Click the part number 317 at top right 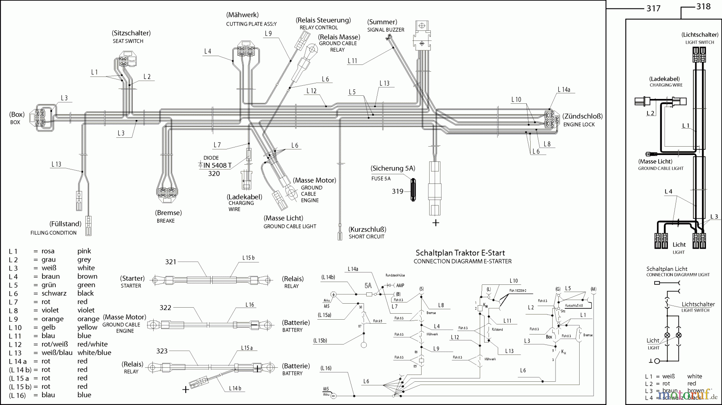[653, 8]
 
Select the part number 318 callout [703, 6]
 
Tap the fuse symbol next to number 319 [413, 190]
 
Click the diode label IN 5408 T [217, 165]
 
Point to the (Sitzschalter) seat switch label [131, 33]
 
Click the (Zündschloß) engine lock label [582, 116]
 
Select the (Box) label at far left [17, 115]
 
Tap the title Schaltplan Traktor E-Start [460, 253]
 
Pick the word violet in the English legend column [86, 310]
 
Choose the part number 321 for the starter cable [171, 262]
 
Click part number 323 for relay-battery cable [162, 351]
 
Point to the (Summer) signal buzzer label [382, 22]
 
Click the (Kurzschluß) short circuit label [367, 230]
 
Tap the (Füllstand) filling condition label [65, 224]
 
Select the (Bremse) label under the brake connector [168, 213]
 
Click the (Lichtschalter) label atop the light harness [700, 35]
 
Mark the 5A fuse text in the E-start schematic [368, 286]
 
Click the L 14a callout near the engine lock [564, 90]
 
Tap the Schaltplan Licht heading [667, 269]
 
